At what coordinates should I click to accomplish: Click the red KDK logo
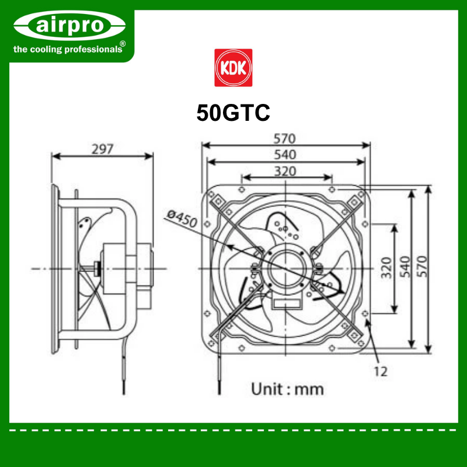tap(233, 68)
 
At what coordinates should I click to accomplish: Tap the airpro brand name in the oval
tap(69, 25)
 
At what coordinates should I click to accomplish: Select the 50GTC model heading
tap(233, 113)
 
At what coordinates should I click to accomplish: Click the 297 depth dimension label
tap(103, 149)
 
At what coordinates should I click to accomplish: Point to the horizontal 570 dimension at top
tap(285, 138)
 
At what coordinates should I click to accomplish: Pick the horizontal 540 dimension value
tap(285, 155)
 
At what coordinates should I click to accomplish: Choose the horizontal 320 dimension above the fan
tap(285, 171)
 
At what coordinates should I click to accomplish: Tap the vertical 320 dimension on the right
tap(386, 267)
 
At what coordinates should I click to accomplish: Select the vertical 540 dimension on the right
tap(405, 267)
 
